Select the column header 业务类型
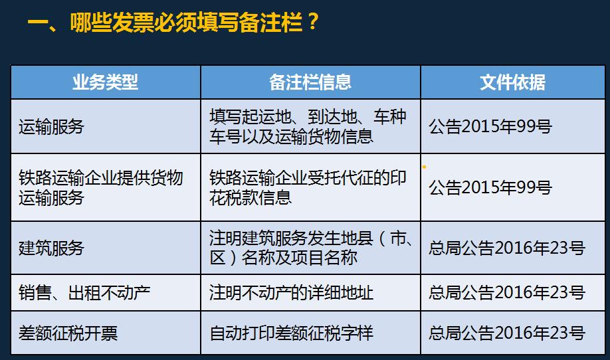pyautogui.click(x=105, y=82)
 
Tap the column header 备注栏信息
pyautogui.click(x=310, y=82)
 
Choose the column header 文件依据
pyautogui.click(x=512, y=82)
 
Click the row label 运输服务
pyautogui.click(x=52, y=126)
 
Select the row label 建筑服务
pyautogui.click(x=52, y=248)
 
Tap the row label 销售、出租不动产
pyautogui.click(x=84, y=292)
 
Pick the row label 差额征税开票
pyautogui.click(x=68, y=332)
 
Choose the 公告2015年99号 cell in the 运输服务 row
pyautogui.click(x=490, y=126)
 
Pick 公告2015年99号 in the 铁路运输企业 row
pyautogui.click(x=490, y=188)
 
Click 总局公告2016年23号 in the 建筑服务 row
pyautogui.click(x=507, y=248)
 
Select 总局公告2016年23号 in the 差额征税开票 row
pyautogui.click(x=507, y=332)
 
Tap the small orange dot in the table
pyautogui.click(x=424, y=167)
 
